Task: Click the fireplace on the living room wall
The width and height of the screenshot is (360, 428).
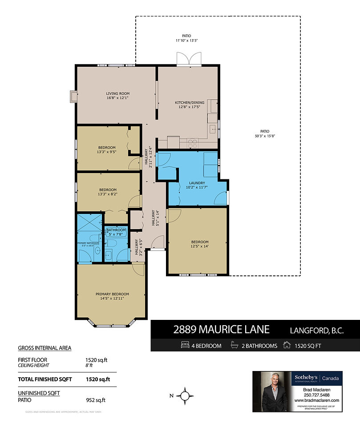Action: click(x=73, y=97)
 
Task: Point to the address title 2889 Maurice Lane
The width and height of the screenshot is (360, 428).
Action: click(x=221, y=330)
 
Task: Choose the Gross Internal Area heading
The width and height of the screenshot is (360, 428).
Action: click(x=44, y=348)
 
